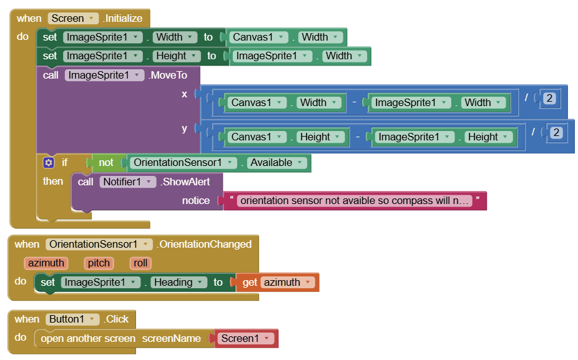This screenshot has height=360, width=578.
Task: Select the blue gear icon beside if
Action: (49, 163)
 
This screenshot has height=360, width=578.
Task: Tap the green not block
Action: (106, 163)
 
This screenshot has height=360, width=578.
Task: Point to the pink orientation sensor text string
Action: (355, 201)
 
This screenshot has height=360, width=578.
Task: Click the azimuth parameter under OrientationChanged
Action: (46, 263)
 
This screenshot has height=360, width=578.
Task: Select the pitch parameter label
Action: (99, 263)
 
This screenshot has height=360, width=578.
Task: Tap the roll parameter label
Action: (140, 263)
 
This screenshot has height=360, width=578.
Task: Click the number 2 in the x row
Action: (549, 98)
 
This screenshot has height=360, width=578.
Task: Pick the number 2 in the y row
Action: (556, 132)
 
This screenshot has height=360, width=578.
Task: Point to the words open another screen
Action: (88, 338)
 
